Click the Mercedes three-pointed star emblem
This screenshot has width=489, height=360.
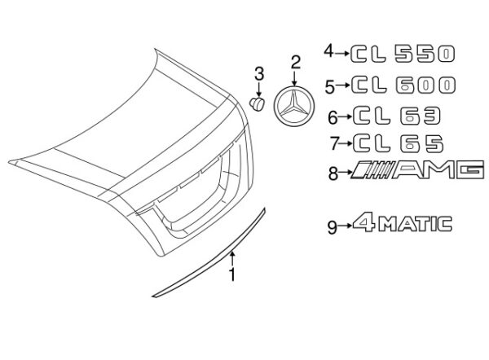click(294, 106)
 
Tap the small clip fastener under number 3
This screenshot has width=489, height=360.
click(258, 103)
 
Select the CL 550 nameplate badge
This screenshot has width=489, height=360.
click(403, 54)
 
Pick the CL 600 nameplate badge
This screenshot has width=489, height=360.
click(404, 85)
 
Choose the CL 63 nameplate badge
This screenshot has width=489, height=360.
click(397, 116)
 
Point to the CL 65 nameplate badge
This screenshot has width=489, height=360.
click(399, 143)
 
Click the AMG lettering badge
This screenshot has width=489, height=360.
click(417, 170)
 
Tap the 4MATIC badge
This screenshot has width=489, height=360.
click(403, 223)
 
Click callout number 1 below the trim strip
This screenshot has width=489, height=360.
click(231, 274)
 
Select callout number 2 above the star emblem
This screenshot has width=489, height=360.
click(295, 63)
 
